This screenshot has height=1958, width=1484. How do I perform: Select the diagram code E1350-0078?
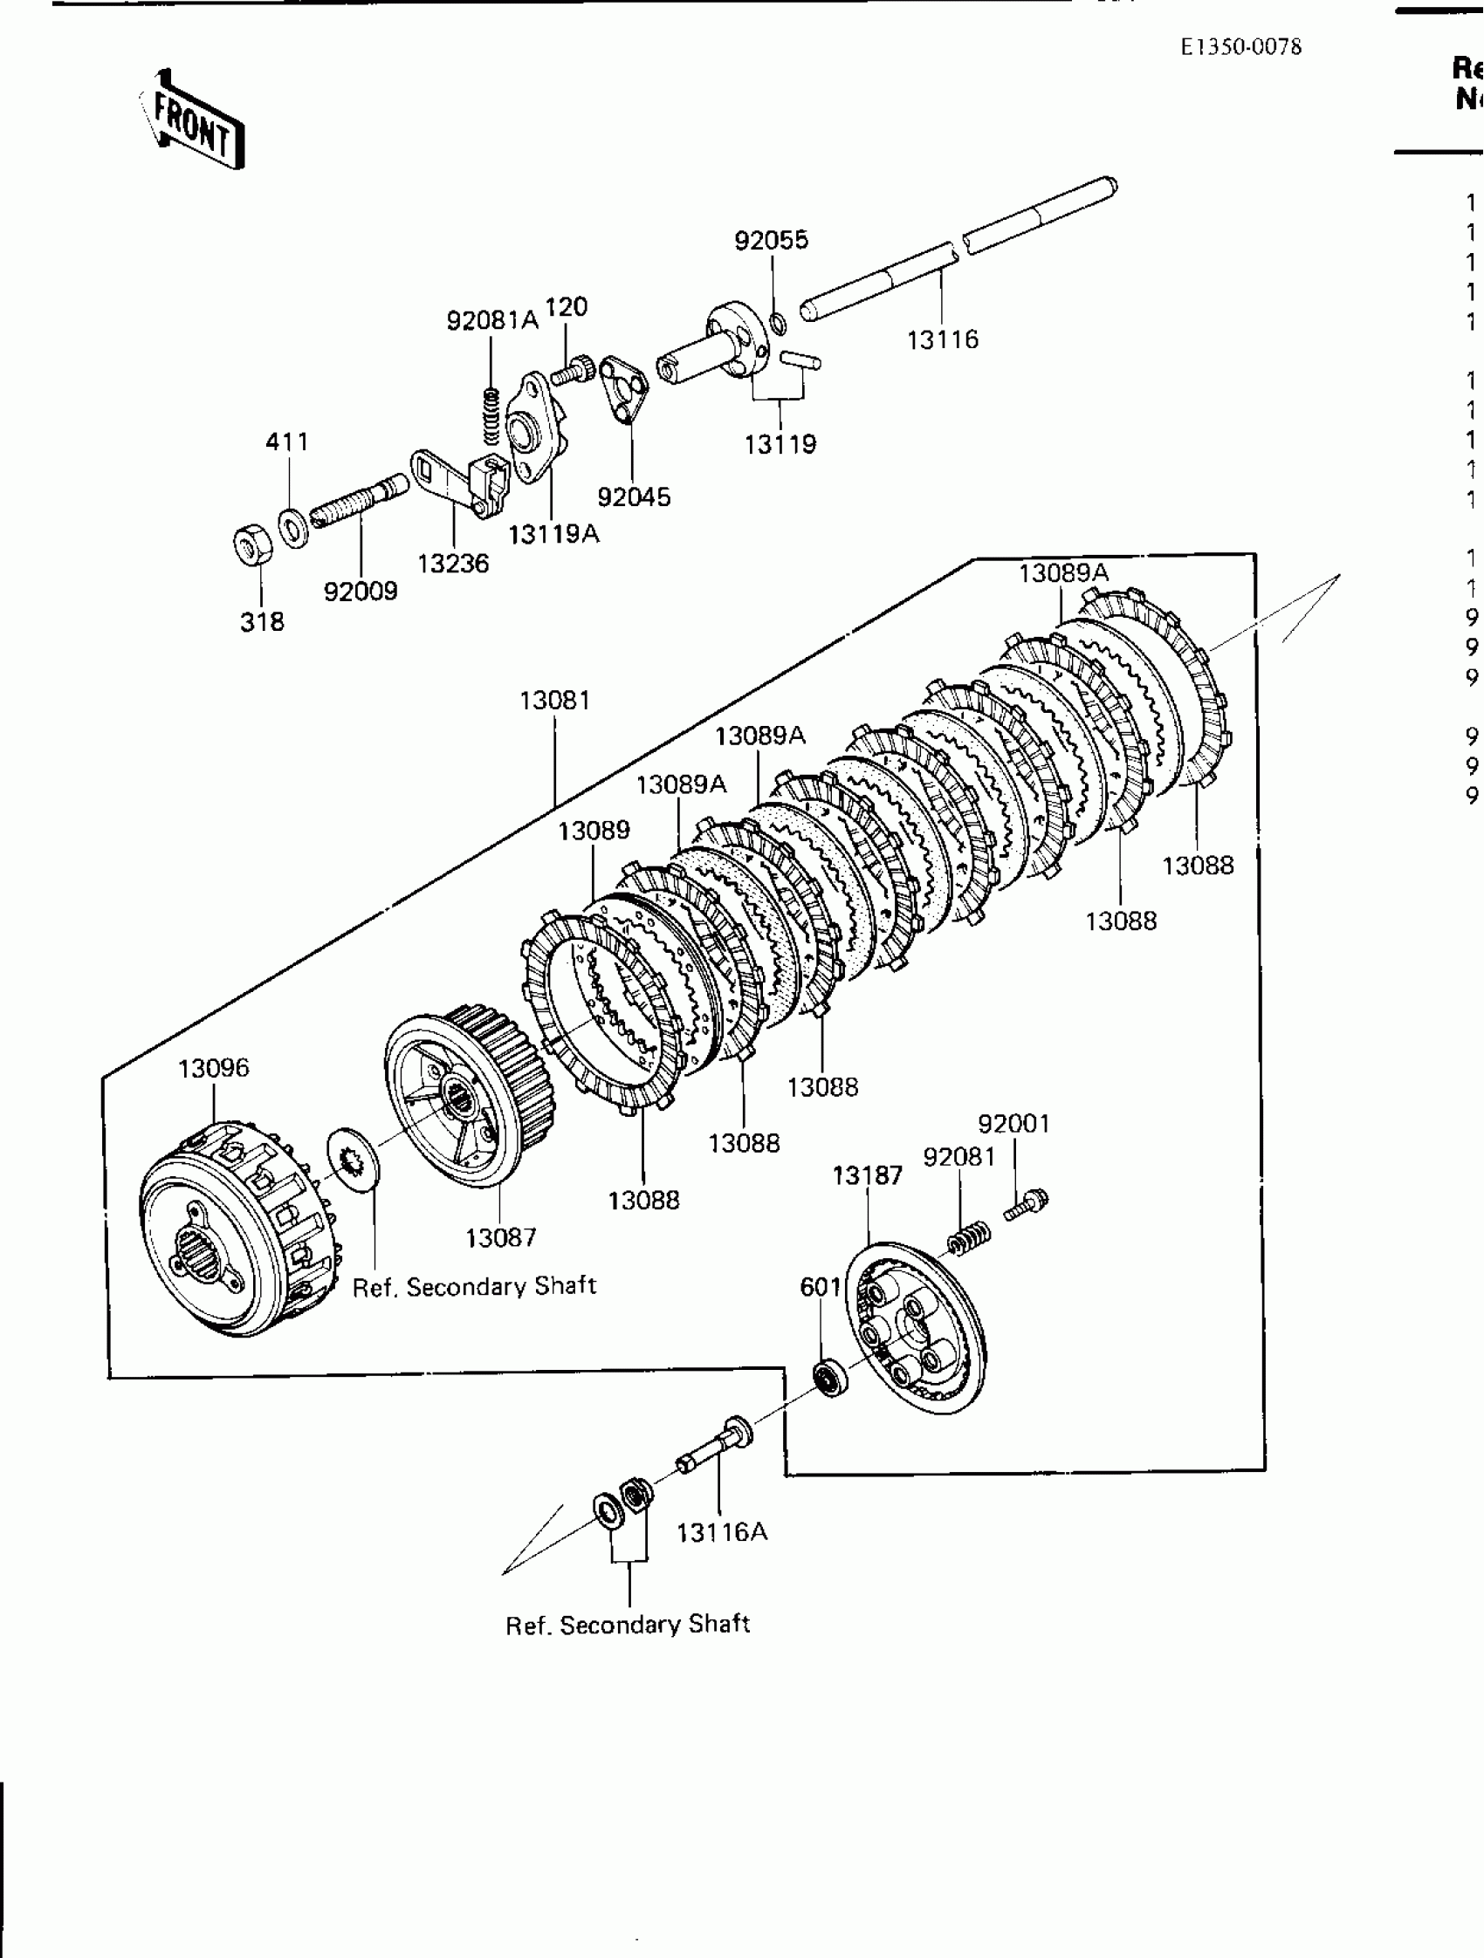1240,48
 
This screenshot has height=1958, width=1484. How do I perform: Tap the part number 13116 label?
942,340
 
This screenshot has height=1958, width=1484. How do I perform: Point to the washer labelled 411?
293,529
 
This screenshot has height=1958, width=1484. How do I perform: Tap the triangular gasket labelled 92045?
624,388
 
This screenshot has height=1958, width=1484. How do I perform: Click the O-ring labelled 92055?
778,324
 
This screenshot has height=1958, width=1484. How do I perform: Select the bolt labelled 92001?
1027,1206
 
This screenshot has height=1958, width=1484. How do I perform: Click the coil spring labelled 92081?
969,1236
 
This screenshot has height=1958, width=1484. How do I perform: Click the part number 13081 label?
554,701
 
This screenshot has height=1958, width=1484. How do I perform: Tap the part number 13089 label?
594,832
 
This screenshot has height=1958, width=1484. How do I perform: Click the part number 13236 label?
452,564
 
